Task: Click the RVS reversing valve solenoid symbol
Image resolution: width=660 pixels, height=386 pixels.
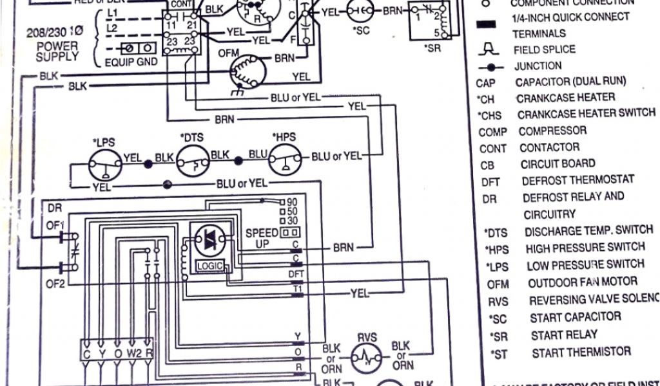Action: (x=367, y=356)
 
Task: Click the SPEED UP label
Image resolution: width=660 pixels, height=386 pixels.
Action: (x=262, y=238)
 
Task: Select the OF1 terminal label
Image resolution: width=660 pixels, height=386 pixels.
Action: (x=55, y=225)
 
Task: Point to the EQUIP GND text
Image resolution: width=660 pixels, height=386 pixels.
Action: (x=131, y=62)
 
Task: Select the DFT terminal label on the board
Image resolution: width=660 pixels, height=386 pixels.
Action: (x=296, y=273)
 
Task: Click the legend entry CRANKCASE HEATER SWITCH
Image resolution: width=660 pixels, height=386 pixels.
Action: (x=586, y=114)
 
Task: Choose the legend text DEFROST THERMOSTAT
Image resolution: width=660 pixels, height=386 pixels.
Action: (x=577, y=181)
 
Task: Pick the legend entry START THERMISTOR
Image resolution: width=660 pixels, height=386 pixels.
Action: (x=581, y=352)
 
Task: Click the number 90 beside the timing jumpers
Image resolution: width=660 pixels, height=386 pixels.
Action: (x=291, y=202)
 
